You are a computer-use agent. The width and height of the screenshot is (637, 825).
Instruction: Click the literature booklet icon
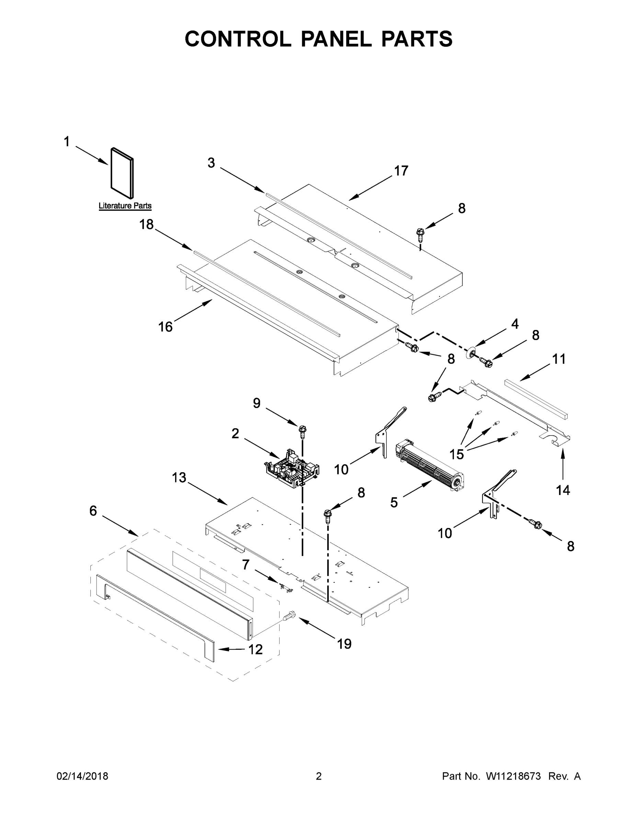(122, 173)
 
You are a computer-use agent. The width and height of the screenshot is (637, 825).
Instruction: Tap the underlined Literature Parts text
(125, 206)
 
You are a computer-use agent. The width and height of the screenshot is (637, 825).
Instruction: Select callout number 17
(401, 171)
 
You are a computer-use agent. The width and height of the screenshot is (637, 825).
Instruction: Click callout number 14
(563, 490)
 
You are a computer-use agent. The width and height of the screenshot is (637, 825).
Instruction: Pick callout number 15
(457, 454)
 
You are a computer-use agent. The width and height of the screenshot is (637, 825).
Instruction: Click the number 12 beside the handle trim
(255, 649)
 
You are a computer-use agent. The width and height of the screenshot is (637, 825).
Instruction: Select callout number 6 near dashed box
(93, 511)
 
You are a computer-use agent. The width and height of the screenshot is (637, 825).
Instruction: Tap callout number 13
(179, 477)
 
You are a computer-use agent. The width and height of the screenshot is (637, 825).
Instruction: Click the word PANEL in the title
(336, 39)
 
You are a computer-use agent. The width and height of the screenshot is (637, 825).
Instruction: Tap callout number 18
(146, 224)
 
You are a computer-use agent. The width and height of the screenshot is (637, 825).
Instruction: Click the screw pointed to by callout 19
(289, 617)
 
